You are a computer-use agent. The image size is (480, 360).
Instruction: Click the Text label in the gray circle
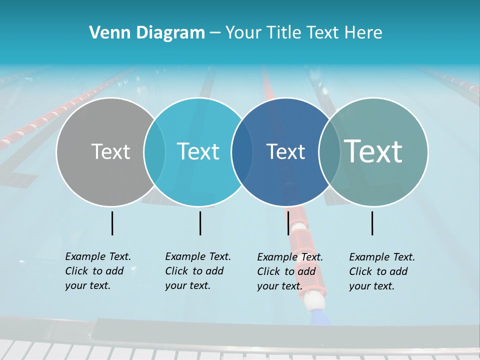110,151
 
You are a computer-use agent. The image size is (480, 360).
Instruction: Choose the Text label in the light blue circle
198,151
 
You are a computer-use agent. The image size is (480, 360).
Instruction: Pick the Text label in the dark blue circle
285,151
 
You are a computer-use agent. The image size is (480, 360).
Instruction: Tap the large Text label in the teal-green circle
373,151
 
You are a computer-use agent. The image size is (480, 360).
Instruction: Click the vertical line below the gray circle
112,223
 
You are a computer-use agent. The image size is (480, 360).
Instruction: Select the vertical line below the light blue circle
200,223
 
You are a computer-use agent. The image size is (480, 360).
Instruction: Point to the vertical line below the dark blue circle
288,223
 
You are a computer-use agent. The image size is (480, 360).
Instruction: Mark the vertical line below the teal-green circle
372,223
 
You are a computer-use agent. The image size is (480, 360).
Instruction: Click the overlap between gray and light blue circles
155,151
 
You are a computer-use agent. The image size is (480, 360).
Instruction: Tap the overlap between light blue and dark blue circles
242,151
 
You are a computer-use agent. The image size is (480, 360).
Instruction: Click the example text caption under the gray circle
97,271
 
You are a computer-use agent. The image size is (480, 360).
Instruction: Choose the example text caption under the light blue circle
197,271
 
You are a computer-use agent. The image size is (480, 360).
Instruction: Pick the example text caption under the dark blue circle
289,271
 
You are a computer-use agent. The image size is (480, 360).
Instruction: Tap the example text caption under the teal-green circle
381,271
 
